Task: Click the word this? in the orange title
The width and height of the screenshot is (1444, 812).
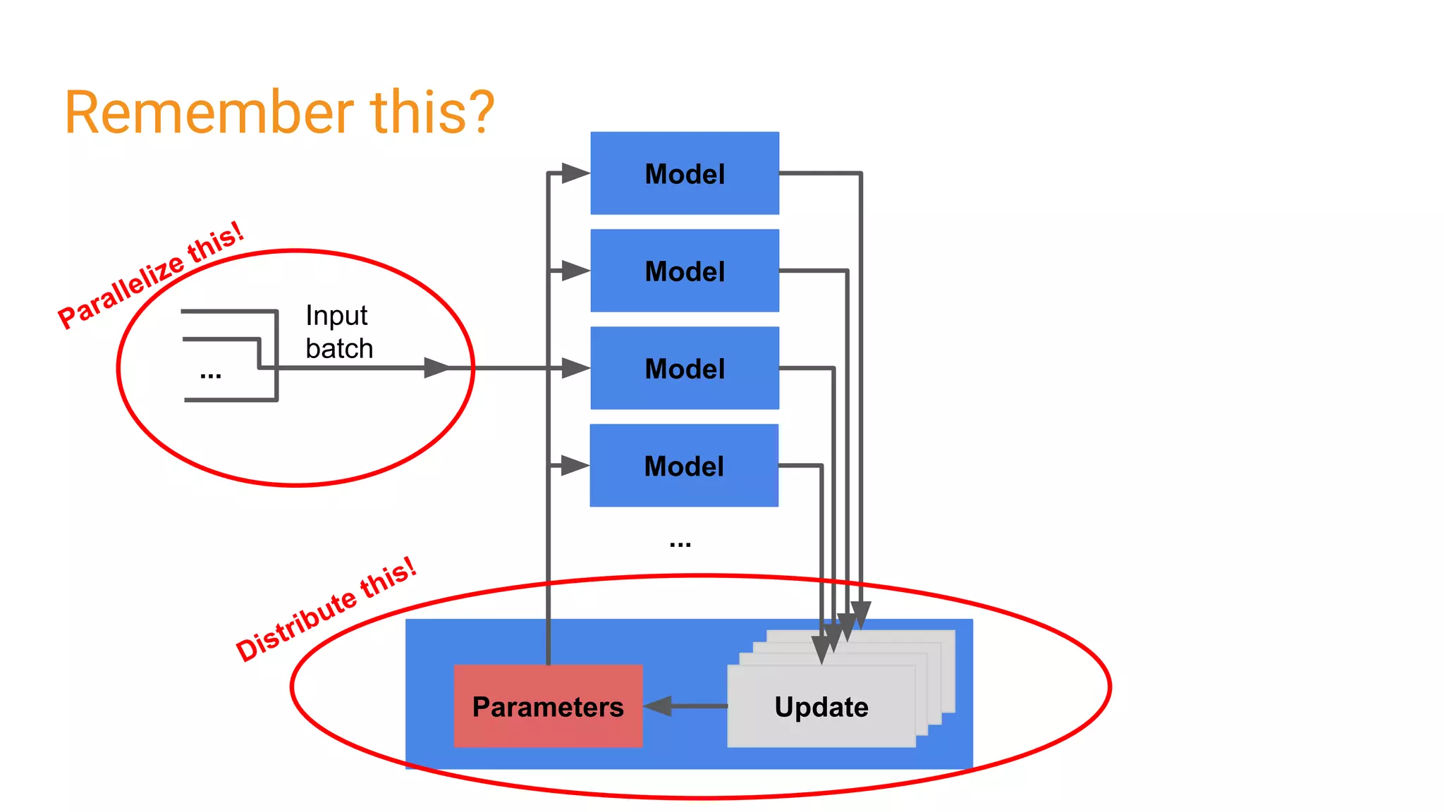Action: pos(432,113)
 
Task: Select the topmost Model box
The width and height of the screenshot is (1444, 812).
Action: pos(685,173)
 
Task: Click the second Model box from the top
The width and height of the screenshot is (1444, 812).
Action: pos(685,271)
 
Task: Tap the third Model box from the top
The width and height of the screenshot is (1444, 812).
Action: pos(685,368)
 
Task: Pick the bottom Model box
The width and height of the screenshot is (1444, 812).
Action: pos(684,465)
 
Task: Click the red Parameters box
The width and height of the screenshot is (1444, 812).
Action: pos(548,706)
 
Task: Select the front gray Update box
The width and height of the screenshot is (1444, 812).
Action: pos(821,706)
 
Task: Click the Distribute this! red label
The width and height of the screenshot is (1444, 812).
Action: pos(326,610)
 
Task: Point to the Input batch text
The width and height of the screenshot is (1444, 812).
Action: pos(338,332)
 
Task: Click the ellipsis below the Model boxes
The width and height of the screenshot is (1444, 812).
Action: pos(680,543)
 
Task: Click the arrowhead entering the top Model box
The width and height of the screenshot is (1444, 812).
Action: pos(575,173)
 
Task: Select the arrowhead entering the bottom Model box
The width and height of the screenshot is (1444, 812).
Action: pos(574,465)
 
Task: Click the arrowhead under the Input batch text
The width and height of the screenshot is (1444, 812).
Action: pos(436,368)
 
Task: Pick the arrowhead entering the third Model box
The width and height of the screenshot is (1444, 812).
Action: pos(575,368)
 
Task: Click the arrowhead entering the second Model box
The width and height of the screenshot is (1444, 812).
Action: pos(575,271)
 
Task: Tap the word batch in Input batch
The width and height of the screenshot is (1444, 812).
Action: pos(339,349)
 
